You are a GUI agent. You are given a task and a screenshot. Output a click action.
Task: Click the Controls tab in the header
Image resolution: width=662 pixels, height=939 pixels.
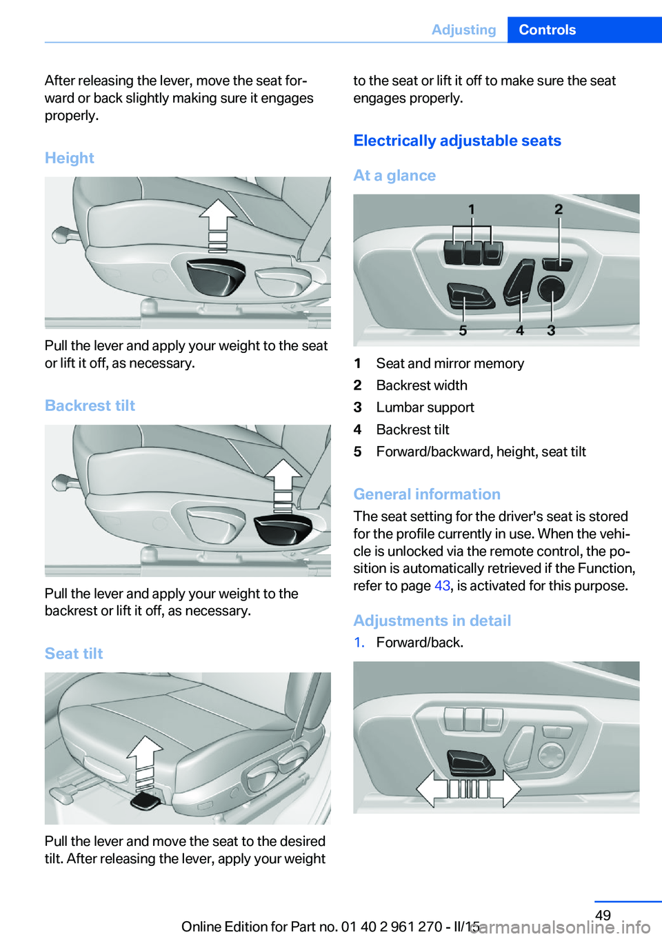547,30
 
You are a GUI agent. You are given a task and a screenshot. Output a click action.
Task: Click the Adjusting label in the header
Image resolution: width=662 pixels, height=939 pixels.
463,30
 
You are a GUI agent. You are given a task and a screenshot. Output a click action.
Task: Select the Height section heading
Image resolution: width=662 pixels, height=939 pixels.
70,158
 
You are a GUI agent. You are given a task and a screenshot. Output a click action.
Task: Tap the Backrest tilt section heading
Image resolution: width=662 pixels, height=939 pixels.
90,405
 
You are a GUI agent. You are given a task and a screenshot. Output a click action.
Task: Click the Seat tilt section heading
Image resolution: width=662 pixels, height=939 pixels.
74,654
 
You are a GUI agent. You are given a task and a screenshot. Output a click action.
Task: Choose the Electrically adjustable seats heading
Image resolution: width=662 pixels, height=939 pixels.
457,141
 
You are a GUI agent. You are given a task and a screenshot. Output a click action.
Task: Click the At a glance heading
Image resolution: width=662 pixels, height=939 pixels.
394,176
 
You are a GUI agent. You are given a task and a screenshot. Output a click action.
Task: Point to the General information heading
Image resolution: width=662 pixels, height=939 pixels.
427,494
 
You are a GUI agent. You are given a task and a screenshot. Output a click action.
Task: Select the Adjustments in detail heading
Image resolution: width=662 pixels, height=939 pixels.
432,620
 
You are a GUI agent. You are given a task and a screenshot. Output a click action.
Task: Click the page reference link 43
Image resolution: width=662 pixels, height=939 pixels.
442,586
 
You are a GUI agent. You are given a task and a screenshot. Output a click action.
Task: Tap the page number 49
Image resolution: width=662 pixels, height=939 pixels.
603,915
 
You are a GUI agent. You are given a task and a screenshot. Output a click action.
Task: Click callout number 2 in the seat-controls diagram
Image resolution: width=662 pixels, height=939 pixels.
559,209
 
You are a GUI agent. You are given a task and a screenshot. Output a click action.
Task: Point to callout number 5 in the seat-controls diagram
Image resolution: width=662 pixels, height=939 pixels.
463,331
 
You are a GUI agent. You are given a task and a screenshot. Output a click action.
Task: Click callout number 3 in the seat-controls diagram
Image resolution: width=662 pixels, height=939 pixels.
551,331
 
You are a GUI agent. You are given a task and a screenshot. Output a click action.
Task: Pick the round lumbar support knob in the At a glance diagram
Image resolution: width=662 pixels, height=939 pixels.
551,289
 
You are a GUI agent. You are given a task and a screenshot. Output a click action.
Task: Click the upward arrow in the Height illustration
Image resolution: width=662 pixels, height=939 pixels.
218,215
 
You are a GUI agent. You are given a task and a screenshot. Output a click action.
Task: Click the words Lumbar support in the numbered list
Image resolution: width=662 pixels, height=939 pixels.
425,407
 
